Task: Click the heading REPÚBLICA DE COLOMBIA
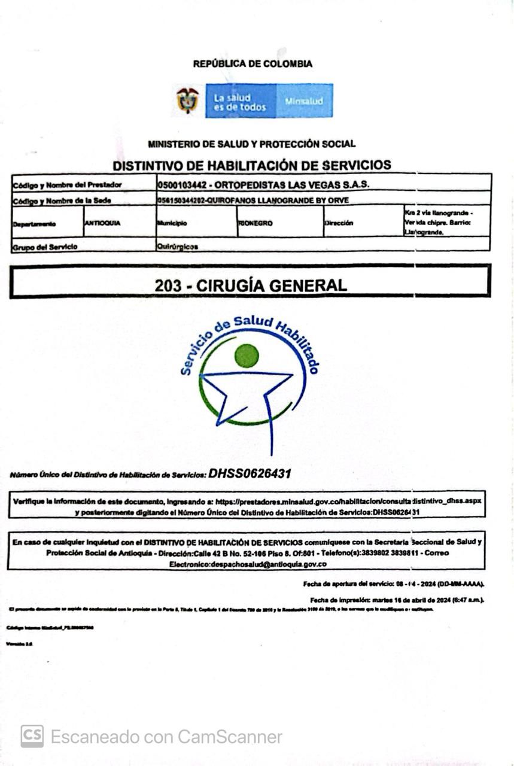click(x=253, y=63)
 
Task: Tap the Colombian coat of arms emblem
click(x=187, y=100)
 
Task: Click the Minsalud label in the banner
click(x=303, y=101)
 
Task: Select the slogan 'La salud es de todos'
click(x=239, y=101)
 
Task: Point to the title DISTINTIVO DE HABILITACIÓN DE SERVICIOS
click(x=252, y=165)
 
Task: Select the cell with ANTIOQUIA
click(x=102, y=223)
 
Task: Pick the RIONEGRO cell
click(x=256, y=223)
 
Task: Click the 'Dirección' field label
click(x=339, y=223)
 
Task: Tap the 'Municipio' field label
click(x=172, y=223)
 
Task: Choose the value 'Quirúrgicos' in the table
click(x=178, y=246)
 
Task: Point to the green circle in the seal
click(x=247, y=355)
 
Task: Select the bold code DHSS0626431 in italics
click(x=250, y=474)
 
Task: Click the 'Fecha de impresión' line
click(x=397, y=600)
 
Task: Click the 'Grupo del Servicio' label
click(x=45, y=246)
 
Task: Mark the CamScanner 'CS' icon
click(x=32, y=736)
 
